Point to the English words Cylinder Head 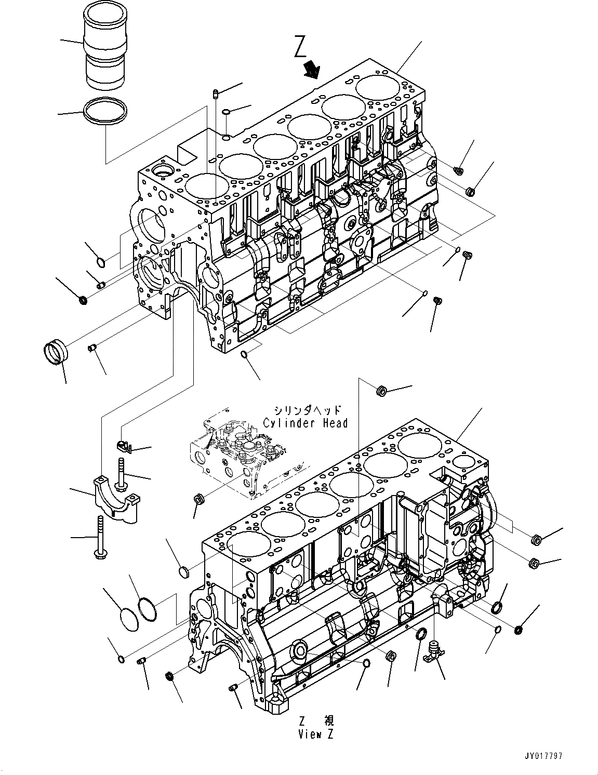(305, 423)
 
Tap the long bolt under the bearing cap (99, 538)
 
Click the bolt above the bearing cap (121, 474)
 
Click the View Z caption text (316, 734)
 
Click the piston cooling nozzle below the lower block (433, 650)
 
